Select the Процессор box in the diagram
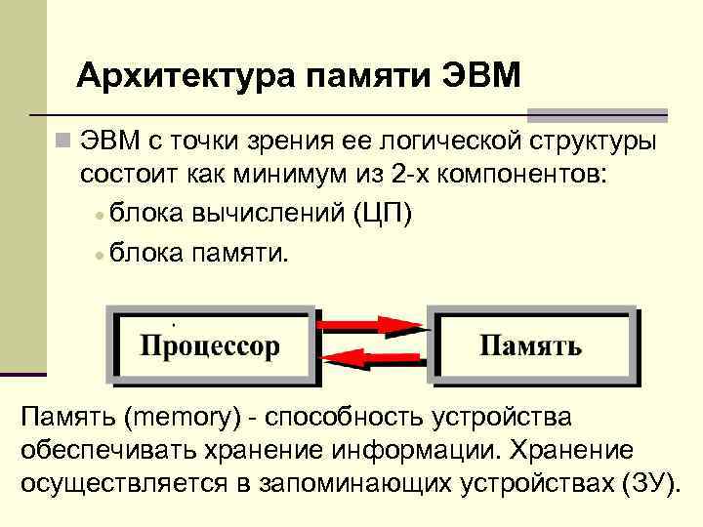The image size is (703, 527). click(x=210, y=345)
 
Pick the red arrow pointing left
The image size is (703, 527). click(x=372, y=360)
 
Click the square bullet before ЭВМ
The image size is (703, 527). click(x=63, y=142)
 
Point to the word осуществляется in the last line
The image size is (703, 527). click(x=127, y=484)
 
